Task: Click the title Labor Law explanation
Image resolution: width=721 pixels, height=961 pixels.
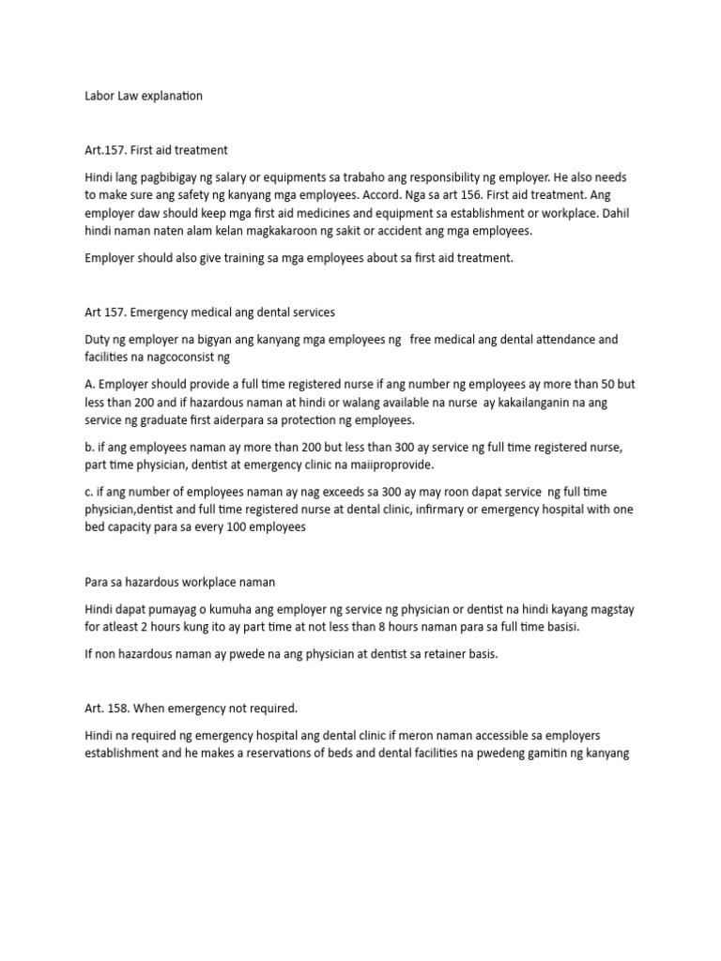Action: pyautogui.click(x=144, y=97)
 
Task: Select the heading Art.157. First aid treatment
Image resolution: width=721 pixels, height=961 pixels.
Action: pyautogui.click(x=156, y=150)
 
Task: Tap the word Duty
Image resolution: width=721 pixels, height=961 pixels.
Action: pyautogui.click(x=98, y=339)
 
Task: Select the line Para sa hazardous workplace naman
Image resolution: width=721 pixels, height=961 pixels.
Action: pyautogui.click(x=179, y=582)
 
